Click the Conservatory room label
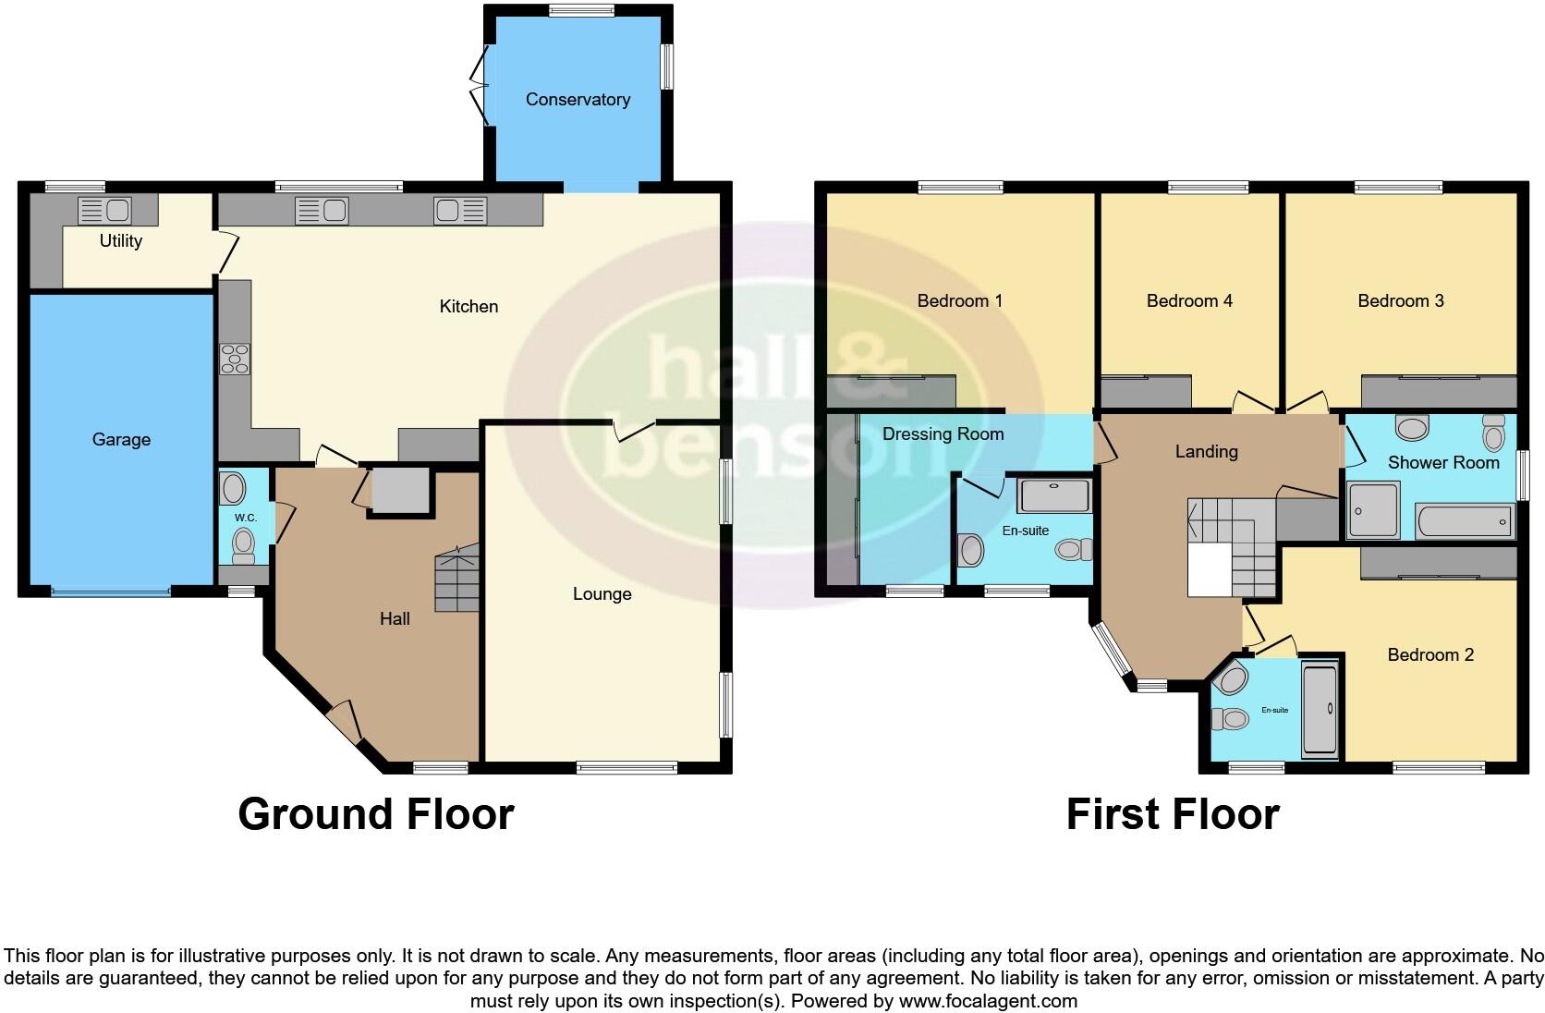578,100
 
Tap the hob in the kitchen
235,359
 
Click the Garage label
121,440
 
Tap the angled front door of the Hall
344,722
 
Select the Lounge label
602,594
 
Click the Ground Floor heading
375,814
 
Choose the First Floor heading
1172,814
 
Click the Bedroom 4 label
1189,301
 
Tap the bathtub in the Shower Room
1466,522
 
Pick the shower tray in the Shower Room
1374,509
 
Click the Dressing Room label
943,434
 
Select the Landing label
1206,452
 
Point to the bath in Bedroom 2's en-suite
1320,709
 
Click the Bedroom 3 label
1400,301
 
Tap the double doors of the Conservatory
481,85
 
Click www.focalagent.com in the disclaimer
988,1001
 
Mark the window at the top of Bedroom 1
960,188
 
